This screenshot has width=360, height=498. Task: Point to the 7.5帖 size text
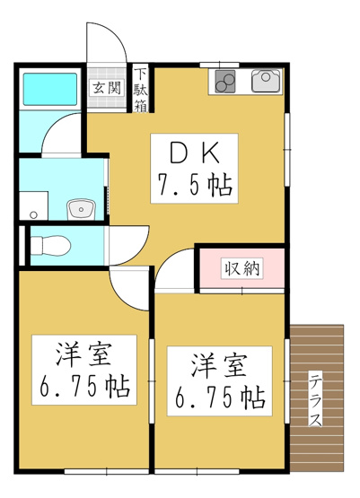click(194, 187)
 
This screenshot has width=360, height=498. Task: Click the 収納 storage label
click(242, 267)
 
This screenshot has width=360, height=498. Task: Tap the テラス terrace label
click(316, 399)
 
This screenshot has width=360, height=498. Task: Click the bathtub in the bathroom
click(49, 90)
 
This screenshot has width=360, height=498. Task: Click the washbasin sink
click(81, 209)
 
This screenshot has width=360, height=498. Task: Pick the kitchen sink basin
click(267, 82)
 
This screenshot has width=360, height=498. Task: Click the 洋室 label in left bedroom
click(82, 354)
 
